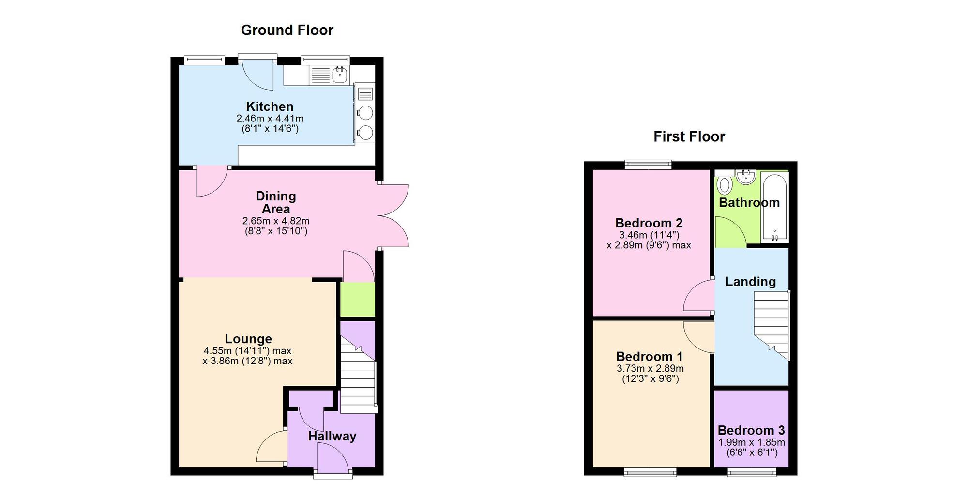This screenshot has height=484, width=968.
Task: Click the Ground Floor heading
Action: click(x=287, y=30)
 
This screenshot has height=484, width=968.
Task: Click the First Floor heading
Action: click(x=689, y=136)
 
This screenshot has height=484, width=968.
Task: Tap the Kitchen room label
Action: click(x=270, y=106)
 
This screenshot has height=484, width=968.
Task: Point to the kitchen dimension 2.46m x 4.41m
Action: click(x=270, y=119)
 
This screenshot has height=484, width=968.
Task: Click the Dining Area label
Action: click(x=275, y=202)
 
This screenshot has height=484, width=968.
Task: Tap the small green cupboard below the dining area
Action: click(x=357, y=300)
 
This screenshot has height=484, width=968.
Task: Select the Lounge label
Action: click(x=248, y=339)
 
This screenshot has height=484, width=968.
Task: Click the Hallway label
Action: click(x=332, y=436)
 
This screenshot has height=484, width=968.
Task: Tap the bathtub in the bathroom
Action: click(x=774, y=208)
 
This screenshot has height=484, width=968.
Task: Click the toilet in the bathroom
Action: click(x=725, y=185)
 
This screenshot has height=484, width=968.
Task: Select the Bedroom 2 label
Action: click(x=649, y=223)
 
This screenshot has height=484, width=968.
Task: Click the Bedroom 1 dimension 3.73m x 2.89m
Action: click(x=650, y=369)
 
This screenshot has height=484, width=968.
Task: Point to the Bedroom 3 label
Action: click(x=751, y=430)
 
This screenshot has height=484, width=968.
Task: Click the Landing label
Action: click(x=750, y=282)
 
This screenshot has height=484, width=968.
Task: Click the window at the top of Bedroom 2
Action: click(x=648, y=165)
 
